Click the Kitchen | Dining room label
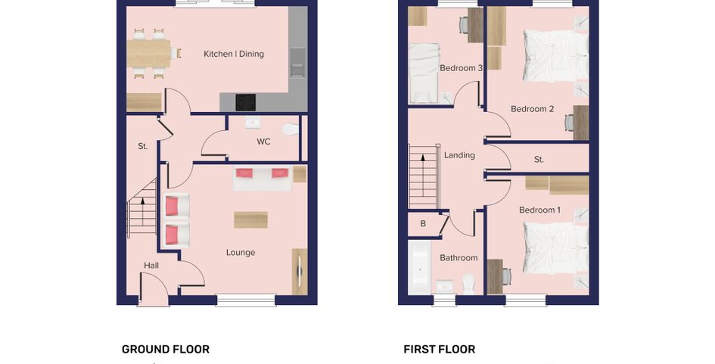tap(234, 54)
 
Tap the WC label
tap(263, 142)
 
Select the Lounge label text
tap(241, 253)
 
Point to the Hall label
tap(151, 266)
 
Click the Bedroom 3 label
tap(461, 68)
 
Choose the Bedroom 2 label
tap(532, 109)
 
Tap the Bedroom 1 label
tap(540, 210)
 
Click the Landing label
tap(459, 156)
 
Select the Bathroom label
tap(459, 258)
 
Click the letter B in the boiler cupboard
tap(423, 224)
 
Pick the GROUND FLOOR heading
tap(166, 350)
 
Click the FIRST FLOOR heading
tap(439, 350)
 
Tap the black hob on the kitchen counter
tap(245, 102)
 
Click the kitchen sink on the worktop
tap(298, 63)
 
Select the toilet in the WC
tap(291, 129)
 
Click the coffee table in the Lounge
tap(250, 220)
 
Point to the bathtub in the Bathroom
tap(419, 267)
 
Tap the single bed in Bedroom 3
tap(424, 73)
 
